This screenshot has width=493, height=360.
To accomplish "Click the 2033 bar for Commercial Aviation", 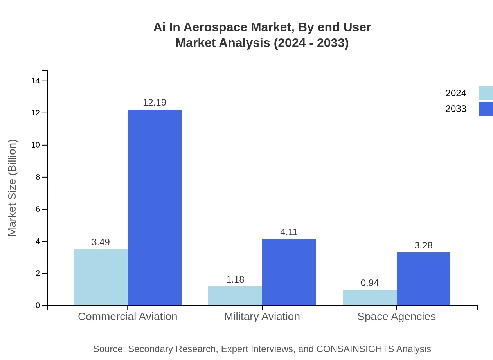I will click(x=155, y=207).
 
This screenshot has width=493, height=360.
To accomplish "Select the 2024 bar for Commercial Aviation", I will click(x=101, y=277).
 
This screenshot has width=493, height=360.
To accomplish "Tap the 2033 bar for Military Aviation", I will click(x=289, y=272).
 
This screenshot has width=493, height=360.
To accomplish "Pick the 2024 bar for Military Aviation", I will click(x=235, y=296).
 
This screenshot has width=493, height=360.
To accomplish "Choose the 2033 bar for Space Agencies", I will click(x=423, y=279).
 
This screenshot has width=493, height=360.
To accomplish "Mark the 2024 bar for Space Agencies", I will click(x=369, y=298).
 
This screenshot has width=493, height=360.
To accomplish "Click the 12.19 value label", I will click(x=155, y=103).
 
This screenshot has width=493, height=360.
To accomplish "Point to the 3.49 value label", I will click(x=101, y=242).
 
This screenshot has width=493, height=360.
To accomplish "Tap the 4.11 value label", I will click(x=289, y=232).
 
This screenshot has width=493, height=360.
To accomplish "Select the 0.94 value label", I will click(x=369, y=283).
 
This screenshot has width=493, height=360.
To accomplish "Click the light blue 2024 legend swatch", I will click(x=486, y=93).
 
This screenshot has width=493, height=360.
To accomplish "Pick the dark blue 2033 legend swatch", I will click(x=486, y=109).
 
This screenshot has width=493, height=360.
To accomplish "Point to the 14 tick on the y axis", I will click(x=36, y=81).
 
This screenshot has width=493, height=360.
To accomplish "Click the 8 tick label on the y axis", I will click(x=38, y=177).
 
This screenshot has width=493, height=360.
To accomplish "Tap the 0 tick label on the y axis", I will click(x=38, y=306).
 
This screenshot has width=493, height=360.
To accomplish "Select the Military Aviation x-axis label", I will click(x=262, y=317).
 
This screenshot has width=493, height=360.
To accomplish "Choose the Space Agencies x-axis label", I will click(x=396, y=317).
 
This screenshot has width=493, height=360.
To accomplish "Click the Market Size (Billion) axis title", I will click(x=12, y=188).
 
